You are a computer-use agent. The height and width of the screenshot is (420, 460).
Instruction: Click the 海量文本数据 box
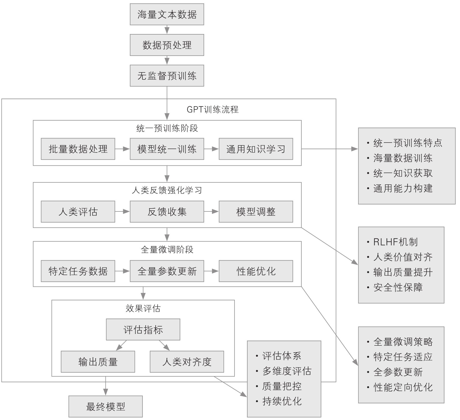click(x=167, y=14)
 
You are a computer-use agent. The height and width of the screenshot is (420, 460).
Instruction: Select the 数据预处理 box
click(x=167, y=45)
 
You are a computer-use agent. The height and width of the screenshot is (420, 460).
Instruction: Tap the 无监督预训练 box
click(x=167, y=76)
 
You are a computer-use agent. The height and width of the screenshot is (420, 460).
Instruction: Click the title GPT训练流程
click(x=212, y=109)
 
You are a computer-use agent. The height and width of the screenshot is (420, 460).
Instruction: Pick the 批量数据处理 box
click(x=78, y=149)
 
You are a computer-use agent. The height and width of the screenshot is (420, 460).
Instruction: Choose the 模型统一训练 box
click(x=167, y=149)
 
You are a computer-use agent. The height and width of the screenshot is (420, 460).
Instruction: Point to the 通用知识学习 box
click(x=256, y=149)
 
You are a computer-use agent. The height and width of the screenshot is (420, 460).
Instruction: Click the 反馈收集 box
click(x=167, y=211)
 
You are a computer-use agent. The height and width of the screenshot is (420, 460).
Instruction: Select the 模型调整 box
click(x=256, y=211)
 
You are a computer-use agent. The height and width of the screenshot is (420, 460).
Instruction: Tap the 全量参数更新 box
click(x=167, y=271)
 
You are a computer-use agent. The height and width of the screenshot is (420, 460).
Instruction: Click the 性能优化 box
click(x=256, y=271)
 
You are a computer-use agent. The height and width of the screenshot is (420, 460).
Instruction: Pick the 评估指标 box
click(x=143, y=330)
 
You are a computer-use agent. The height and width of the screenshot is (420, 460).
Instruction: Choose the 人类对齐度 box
click(x=187, y=362)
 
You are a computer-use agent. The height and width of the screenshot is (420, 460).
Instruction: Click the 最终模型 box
click(x=105, y=406)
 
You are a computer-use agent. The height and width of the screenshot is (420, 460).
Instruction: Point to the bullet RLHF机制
click(x=395, y=242)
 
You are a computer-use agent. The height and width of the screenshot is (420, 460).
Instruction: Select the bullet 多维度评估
click(x=287, y=371)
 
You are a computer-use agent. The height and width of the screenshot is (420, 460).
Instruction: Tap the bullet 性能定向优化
click(x=403, y=387)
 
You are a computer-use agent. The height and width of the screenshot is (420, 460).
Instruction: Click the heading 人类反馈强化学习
click(x=167, y=190)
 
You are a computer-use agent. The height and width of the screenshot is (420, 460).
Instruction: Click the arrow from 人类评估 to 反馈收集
click(x=122, y=211)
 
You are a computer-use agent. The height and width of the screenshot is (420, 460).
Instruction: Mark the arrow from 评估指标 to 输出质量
click(x=121, y=345)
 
